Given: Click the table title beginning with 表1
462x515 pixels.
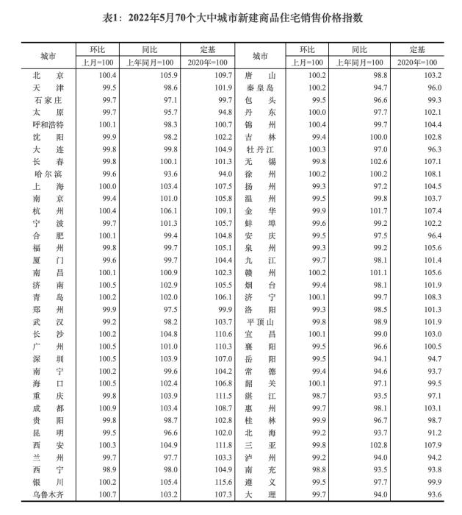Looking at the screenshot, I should [x=231, y=17].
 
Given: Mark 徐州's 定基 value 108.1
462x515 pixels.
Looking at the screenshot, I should [x=433, y=174].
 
